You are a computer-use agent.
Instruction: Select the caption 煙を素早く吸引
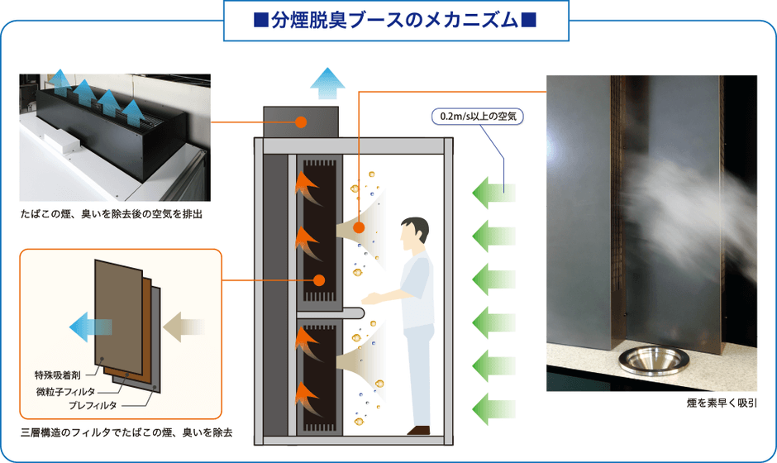[x=722, y=404]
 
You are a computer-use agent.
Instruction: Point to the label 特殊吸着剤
[x=57, y=374]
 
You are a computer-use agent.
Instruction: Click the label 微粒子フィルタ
[x=65, y=389]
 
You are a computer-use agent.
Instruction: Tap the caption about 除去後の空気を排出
[x=112, y=214]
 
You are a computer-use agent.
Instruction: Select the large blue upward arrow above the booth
[x=327, y=84]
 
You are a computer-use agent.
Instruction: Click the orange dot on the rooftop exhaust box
[x=301, y=122]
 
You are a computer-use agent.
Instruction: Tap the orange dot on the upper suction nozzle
[x=360, y=227]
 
